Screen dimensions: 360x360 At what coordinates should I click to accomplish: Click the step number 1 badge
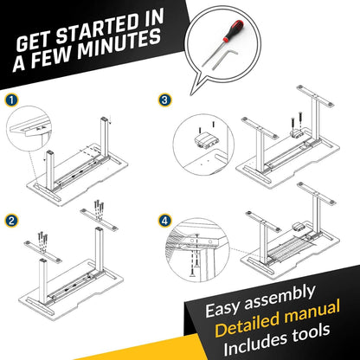tap(11, 100)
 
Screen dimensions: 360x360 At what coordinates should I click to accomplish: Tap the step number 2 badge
tap(11, 221)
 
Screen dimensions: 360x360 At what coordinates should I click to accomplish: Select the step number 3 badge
tap(165, 100)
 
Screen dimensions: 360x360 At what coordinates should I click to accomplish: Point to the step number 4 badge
tap(164, 222)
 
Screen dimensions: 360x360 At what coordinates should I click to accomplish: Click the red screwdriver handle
tap(234, 29)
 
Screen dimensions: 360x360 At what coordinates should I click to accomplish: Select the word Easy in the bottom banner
tap(222, 308)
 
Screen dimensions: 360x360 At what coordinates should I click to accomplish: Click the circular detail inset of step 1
tap(29, 129)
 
